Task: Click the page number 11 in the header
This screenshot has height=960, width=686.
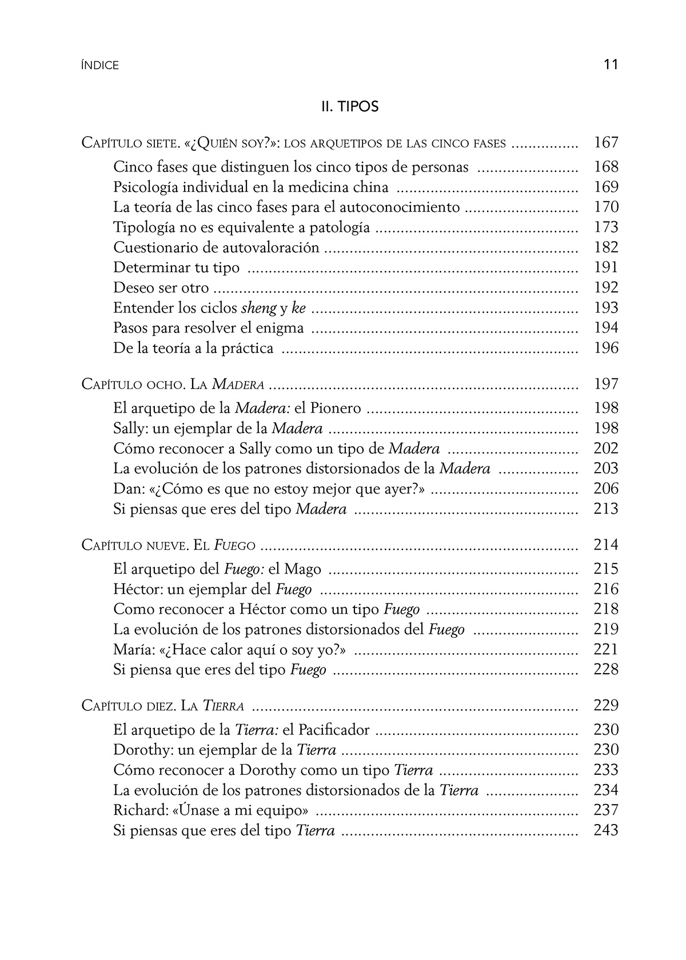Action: [611, 64]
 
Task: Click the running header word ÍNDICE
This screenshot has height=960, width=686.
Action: [100, 66]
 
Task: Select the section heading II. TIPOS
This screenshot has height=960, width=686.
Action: [350, 107]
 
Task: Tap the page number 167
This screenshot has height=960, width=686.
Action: [606, 143]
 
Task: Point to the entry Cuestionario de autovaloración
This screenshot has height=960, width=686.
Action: [216, 247]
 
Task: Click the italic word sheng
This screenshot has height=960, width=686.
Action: [258, 308]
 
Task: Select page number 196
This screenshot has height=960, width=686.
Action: [606, 348]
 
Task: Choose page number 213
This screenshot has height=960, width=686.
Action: [606, 509]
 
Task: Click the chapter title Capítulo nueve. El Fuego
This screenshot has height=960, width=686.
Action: [168, 545]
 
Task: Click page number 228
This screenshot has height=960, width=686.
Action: [606, 670]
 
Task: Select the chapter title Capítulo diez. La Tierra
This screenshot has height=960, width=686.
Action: [163, 706]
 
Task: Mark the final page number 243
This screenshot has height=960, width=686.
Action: [606, 830]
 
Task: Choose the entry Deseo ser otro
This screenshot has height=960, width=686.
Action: [161, 288]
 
